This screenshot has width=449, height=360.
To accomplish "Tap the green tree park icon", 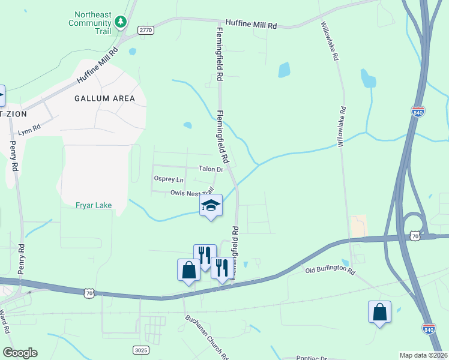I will pyautogui.click(x=121, y=22).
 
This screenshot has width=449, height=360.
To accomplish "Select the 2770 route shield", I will pyautogui.click(x=146, y=29).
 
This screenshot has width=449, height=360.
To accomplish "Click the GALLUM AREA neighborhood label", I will pyautogui.click(x=104, y=98).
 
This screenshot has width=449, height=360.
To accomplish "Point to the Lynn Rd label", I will pyautogui.click(x=29, y=130).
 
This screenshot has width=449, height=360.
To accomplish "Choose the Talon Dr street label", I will pyautogui.click(x=211, y=170).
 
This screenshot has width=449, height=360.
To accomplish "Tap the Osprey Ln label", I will pyautogui.click(x=169, y=179).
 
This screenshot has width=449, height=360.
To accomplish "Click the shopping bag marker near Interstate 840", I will pyautogui.click(x=379, y=312).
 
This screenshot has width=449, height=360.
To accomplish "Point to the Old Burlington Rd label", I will pyautogui.click(x=330, y=271).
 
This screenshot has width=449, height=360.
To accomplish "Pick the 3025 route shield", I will pyautogui.click(x=140, y=349).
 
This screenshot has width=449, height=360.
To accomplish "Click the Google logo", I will pyautogui.click(x=20, y=353).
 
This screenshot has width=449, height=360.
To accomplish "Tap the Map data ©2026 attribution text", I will pyautogui.click(x=423, y=355).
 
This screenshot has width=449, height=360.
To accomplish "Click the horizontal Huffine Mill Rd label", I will pyautogui.click(x=251, y=26).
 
